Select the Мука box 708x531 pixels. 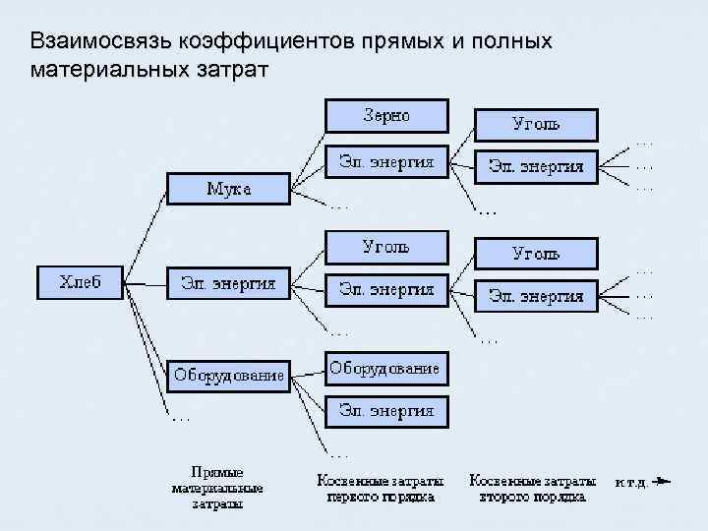click(228, 189)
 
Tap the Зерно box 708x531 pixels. click(386, 115)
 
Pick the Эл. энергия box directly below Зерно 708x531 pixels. click(386, 162)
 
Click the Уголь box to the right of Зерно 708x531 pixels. click(536, 125)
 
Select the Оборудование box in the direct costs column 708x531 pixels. click(229, 375)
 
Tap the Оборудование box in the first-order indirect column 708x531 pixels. click(384, 369)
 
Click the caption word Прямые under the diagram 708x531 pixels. click(216, 472)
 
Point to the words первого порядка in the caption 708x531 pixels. click(379, 497)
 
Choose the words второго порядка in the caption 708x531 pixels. click(533, 497)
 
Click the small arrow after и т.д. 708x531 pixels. click(662, 482)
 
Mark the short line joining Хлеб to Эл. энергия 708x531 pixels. click(146, 284)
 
